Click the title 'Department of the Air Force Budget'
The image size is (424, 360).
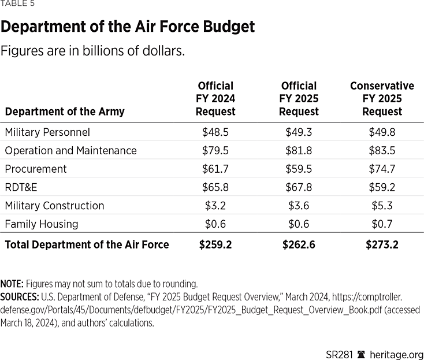128,27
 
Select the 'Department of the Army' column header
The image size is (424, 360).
65,112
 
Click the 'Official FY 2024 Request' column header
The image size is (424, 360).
215,99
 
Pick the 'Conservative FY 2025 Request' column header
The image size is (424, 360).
382,99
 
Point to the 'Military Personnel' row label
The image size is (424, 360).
47,132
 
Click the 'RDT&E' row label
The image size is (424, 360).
21,187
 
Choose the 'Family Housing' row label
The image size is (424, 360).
42,224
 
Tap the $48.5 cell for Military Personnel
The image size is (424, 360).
215,132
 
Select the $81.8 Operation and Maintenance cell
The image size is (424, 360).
299,151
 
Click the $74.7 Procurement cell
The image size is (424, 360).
382,169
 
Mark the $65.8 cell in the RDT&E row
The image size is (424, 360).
215,187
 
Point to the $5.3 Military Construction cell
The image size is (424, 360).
382,206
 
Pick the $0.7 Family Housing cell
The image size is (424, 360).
382,224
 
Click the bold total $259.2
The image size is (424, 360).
215,244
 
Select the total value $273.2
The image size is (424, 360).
382,244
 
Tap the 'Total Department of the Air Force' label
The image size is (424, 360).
87,244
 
